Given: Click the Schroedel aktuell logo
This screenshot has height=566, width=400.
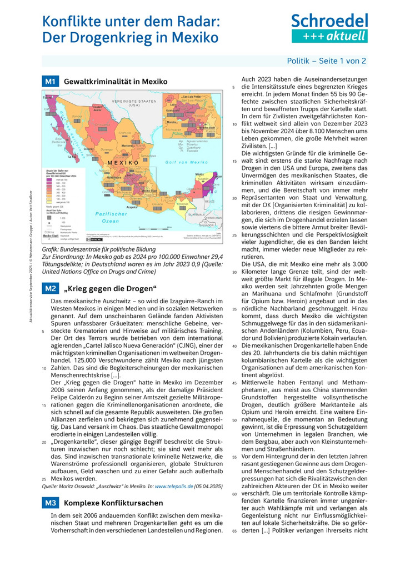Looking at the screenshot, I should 330,28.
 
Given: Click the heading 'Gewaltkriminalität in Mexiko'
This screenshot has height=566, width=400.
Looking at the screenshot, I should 116,82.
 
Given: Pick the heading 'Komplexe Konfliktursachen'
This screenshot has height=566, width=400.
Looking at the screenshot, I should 113,503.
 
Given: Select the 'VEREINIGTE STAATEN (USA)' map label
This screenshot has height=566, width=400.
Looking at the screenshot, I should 134,103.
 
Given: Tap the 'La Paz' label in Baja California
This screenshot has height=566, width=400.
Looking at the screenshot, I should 72,157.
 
